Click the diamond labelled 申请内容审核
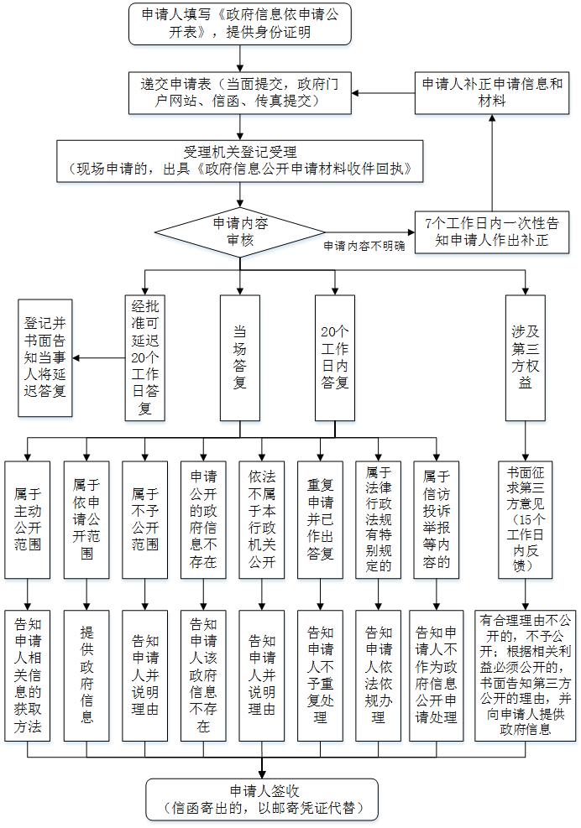tap(240, 232)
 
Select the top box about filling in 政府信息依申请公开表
tap(240, 23)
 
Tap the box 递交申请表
tap(240, 92)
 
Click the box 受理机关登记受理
tap(240, 161)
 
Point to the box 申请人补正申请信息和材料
tap(492, 92)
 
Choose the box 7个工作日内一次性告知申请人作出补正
tap(492, 232)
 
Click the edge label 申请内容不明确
tap(364, 246)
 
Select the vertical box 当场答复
tap(240, 357)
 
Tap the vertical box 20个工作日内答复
tap(335, 357)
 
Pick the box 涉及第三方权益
tap(525, 357)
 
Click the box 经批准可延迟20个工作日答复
tap(145, 357)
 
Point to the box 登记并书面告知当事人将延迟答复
tap(45, 357)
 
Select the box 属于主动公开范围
tap(28, 519)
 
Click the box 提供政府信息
tap(86, 675)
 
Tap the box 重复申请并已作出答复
tap(321, 519)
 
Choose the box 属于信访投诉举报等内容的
tap(436, 519)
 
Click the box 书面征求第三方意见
tap(525, 519)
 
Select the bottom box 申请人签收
tap(263, 799)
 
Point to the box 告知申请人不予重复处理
tap(321, 675)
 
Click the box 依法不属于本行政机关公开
tap(262, 519)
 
